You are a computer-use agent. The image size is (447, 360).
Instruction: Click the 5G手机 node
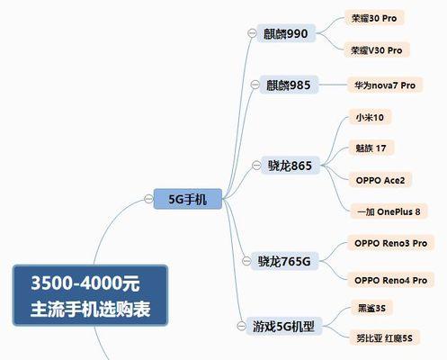188,199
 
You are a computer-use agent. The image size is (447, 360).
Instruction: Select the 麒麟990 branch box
286,33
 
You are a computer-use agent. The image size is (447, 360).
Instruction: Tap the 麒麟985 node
289,85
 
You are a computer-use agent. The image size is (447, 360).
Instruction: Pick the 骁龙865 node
290,166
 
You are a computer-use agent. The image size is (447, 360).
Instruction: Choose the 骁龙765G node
284,261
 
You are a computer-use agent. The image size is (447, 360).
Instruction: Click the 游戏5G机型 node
283,326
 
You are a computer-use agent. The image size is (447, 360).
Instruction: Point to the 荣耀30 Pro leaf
374,18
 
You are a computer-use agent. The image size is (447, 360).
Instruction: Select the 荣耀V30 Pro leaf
377,50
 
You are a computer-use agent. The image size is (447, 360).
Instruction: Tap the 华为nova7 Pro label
385,85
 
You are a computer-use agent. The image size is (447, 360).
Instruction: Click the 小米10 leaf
370,117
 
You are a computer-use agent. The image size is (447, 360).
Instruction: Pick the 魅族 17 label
371,148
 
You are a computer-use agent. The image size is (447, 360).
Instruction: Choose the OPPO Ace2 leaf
380,180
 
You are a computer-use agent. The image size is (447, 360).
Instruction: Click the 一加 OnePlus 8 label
389,211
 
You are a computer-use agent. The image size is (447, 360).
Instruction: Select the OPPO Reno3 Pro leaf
390,243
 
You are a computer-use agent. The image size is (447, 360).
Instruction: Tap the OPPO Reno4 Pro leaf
390,280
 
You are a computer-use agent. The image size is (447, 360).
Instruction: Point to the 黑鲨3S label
371,308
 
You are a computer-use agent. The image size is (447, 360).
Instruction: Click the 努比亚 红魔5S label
384,338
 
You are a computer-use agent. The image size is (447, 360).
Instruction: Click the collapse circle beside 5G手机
148,199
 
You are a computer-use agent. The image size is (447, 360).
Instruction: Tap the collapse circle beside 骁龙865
256,165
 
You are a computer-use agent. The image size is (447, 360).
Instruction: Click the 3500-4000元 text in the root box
85,283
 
